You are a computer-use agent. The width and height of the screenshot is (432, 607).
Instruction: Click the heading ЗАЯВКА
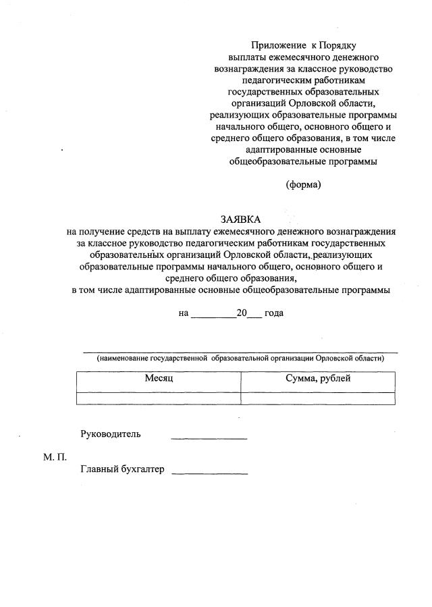coord(240,219)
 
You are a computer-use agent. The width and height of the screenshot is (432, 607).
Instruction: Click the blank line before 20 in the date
coord(213,314)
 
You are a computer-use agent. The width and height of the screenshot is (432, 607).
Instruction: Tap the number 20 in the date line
coord(242,313)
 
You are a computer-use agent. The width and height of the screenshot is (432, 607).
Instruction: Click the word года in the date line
coord(274,314)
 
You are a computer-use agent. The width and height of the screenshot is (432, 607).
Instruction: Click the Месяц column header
coord(159,379)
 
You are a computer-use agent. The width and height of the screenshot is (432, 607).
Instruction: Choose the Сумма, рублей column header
coord(318,379)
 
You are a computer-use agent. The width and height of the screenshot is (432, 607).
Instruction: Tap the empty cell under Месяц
coord(159,398)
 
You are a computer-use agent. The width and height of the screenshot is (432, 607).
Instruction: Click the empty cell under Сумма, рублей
coord(318,398)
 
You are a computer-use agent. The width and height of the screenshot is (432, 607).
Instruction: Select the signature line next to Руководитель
coord(209,439)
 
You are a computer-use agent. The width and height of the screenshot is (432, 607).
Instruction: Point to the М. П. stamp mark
coord(55,458)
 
